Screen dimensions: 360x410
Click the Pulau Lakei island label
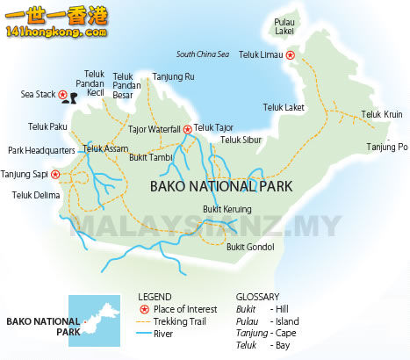tap(284, 25)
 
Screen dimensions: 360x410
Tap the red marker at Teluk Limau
tap(291, 54)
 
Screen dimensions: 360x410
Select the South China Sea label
tap(202, 54)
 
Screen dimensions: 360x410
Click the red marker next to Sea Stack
tap(63, 95)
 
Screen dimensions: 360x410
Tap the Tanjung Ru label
tap(173, 76)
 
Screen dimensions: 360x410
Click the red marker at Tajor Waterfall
tap(187, 129)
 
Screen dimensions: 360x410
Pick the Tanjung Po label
tap(387, 147)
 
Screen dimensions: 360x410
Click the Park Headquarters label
tap(41, 150)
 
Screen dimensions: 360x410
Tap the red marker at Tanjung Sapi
tap(58, 174)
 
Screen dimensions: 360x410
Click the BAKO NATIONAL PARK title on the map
tap(221, 186)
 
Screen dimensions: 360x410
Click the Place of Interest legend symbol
tap(144, 310)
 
